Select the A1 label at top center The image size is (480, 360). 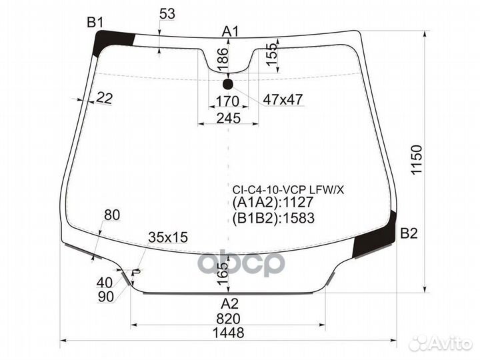pyautogui.click(x=231, y=31)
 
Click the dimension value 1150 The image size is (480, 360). pyautogui.click(x=417, y=160)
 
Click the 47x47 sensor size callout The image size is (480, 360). pyautogui.click(x=283, y=99)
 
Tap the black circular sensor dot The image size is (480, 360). pyautogui.click(x=228, y=84)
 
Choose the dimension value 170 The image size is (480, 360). pyautogui.click(x=228, y=101)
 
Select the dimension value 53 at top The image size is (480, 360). pyautogui.click(x=167, y=14)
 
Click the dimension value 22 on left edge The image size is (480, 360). pyautogui.click(x=104, y=98)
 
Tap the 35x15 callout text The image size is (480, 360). pyautogui.click(x=168, y=237)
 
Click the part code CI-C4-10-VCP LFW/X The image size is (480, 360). pyautogui.click(x=288, y=189)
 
